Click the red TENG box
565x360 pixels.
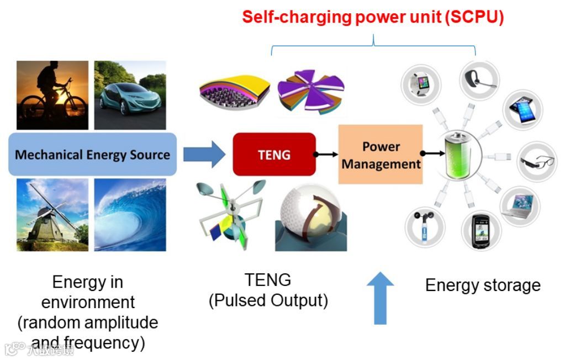[274, 154]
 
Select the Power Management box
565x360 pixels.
[381, 155]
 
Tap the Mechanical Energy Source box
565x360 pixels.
[92, 154]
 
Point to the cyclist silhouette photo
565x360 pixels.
[52, 94]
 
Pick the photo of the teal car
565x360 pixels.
[130, 94]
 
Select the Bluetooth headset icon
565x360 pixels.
[477, 78]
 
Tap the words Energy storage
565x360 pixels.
[483, 285]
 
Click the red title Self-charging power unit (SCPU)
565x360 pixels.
[373, 17]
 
